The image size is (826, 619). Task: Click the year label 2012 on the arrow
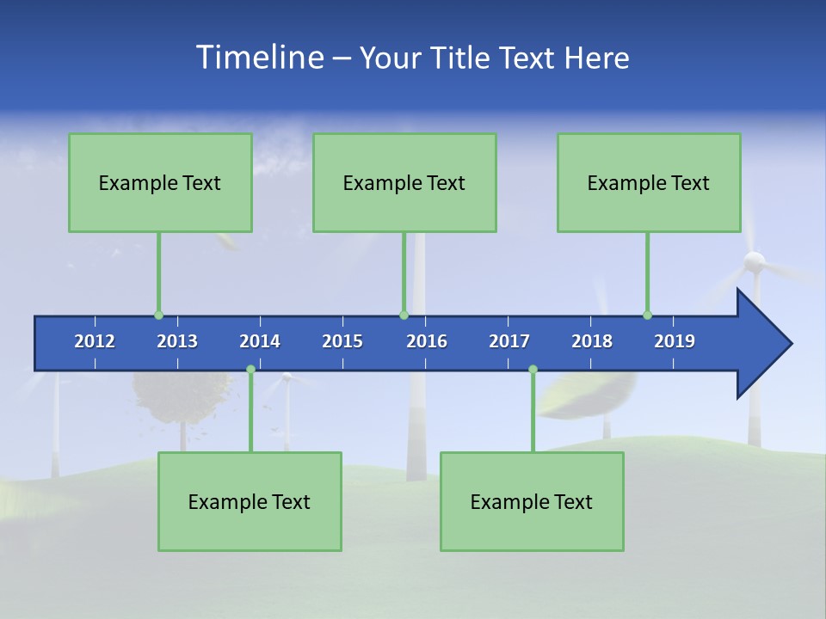pyautogui.click(x=95, y=341)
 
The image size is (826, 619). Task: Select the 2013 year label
pyautogui.click(x=177, y=341)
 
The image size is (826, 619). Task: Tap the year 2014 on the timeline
pyautogui.click(x=260, y=341)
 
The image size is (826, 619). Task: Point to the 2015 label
pyautogui.click(x=342, y=341)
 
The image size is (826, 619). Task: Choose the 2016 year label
pyautogui.click(x=427, y=341)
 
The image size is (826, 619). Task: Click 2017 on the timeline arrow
pyautogui.click(x=509, y=341)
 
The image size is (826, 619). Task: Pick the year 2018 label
pyautogui.click(x=592, y=341)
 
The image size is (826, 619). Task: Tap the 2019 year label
pyautogui.click(x=675, y=341)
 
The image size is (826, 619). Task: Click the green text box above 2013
pyautogui.click(x=160, y=182)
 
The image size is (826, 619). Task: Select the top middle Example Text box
pyautogui.click(x=404, y=182)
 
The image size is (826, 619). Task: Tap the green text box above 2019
pyautogui.click(x=649, y=182)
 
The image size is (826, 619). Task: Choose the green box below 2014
pyautogui.click(x=250, y=501)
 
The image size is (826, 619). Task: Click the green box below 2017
pyautogui.click(x=532, y=501)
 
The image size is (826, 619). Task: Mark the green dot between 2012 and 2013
pyautogui.click(x=158, y=316)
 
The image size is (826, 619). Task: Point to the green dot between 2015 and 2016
pyautogui.click(x=404, y=316)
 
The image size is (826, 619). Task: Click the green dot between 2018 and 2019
pyautogui.click(x=647, y=316)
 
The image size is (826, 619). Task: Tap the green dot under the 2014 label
pyautogui.click(x=250, y=370)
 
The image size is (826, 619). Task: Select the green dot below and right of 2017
pyautogui.click(x=533, y=370)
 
